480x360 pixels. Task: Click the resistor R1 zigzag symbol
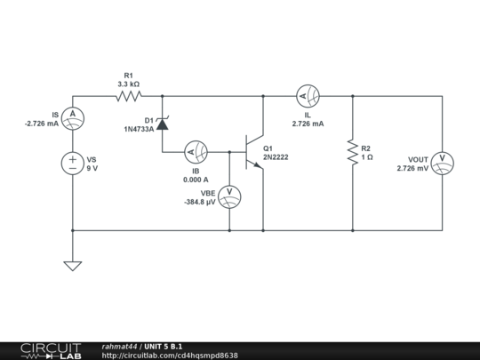129,96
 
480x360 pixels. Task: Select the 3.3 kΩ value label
129,84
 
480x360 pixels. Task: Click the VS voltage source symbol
72,163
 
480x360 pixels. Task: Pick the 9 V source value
92,168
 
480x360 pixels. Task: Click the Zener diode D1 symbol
163,124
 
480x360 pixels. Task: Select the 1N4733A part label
139,129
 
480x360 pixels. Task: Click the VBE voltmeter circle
229,196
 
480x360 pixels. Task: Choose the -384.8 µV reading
200,202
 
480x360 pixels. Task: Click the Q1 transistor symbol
252,151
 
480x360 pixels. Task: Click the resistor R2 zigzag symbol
353,152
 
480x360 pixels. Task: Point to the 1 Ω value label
367,157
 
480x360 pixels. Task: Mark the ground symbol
72,265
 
